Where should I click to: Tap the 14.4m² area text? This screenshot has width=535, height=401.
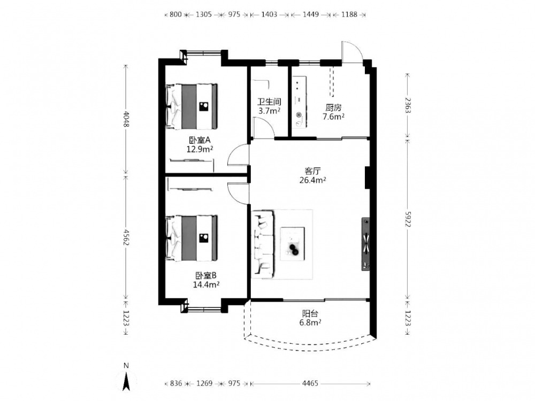click(x=206, y=284)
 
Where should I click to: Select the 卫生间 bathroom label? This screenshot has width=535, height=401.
click(x=269, y=102)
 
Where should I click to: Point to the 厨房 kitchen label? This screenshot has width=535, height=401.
click(x=333, y=108)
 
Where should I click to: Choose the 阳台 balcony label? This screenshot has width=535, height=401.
click(x=310, y=313)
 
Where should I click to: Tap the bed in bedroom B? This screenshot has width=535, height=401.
click(x=192, y=238)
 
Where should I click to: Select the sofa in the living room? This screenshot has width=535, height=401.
click(x=263, y=244)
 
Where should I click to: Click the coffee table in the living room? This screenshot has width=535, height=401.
click(x=293, y=244)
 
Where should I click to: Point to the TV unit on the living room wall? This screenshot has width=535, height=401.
click(x=365, y=244)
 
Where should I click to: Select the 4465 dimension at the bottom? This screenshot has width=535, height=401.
click(x=310, y=383)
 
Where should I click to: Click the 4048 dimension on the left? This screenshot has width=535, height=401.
click(x=126, y=119)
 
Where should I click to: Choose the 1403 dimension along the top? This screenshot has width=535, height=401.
click(x=269, y=14)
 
